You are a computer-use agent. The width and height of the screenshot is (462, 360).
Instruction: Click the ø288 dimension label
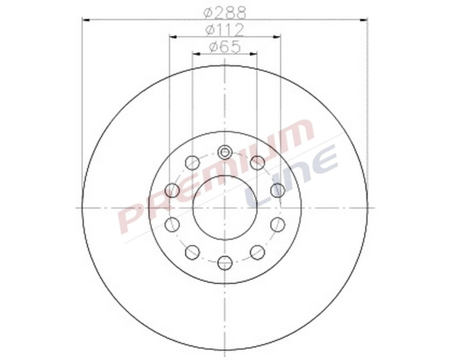click(x=225, y=11)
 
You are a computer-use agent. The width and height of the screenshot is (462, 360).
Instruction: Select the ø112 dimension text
click(x=225, y=29)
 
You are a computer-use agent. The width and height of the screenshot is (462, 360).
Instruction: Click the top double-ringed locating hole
click(x=225, y=152)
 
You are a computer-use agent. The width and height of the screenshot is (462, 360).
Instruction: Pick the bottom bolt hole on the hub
click(x=225, y=263)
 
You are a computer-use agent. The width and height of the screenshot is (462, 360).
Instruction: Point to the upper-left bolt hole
click(x=192, y=163)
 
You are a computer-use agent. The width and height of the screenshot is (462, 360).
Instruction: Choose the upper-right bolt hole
click(x=258, y=163)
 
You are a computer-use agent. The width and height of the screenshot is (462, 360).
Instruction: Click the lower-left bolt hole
click(x=192, y=252)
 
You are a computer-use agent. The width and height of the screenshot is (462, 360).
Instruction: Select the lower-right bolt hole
click(x=258, y=252)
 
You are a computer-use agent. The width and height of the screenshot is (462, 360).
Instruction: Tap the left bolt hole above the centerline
click(x=172, y=191)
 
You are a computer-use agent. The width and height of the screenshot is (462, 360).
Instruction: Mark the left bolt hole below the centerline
click(x=172, y=224)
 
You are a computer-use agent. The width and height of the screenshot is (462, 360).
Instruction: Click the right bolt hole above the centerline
click(x=278, y=191)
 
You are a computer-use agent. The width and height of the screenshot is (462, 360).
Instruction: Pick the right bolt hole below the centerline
click(x=278, y=224)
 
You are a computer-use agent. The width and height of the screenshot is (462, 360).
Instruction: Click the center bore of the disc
click(x=225, y=207)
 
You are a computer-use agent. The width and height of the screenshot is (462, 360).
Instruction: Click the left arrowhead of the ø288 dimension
click(x=86, y=19)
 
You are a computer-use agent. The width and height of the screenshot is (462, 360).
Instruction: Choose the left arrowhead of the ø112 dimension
click(x=172, y=36)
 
